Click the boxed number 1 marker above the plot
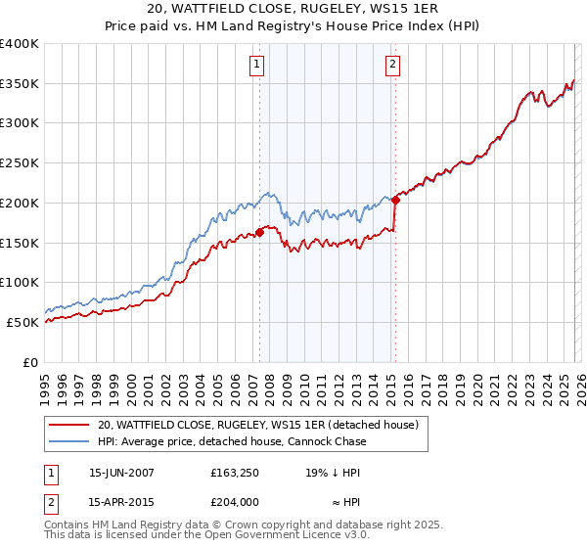[x=256, y=66]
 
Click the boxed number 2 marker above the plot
[x=392, y=66]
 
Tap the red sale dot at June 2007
[x=260, y=232]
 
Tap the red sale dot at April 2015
[x=395, y=200]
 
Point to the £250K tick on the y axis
[x=20, y=162]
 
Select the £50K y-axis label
[x=23, y=322]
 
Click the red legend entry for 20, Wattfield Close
[x=257, y=425]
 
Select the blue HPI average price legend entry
[x=232, y=441]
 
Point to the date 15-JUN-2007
[x=121, y=472]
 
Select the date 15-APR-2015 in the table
[x=121, y=501]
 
